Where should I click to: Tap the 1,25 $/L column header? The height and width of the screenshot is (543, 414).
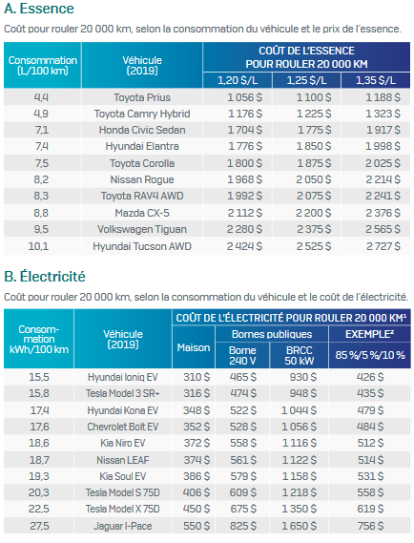coord(300,80)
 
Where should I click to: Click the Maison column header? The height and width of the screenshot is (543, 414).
coord(194,346)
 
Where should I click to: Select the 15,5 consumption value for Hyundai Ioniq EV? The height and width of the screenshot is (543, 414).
coord(39,378)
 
